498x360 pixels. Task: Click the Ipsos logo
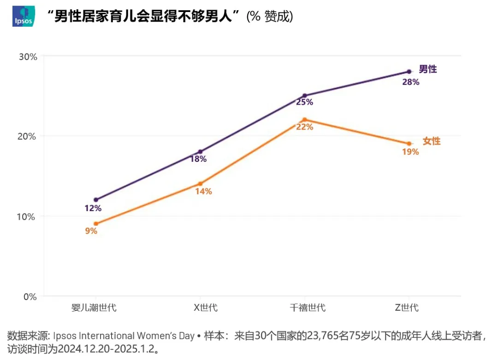click(23, 17)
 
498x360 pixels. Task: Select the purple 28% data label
click(410, 83)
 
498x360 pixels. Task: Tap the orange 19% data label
click(410, 152)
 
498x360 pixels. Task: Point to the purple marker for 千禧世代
click(305, 96)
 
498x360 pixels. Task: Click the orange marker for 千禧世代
click(305, 119)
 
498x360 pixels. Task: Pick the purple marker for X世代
click(200, 152)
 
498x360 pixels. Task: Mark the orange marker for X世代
click(200, 183)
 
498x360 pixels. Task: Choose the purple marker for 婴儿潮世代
click(96, 200)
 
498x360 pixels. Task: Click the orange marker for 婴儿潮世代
click(96, 224)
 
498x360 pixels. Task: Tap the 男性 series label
click(427, 70)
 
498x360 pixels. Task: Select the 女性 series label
click(432, 142)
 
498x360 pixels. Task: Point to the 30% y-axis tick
click(27, 57)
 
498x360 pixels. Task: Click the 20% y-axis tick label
click(27, 136)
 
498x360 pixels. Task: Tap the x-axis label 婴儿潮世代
click(94, 308)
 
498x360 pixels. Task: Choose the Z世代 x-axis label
click(407, 308)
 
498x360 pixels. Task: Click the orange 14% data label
click(203, 191)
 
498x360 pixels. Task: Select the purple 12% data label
click(93, 208)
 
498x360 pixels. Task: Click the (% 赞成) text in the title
click(270, 17)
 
